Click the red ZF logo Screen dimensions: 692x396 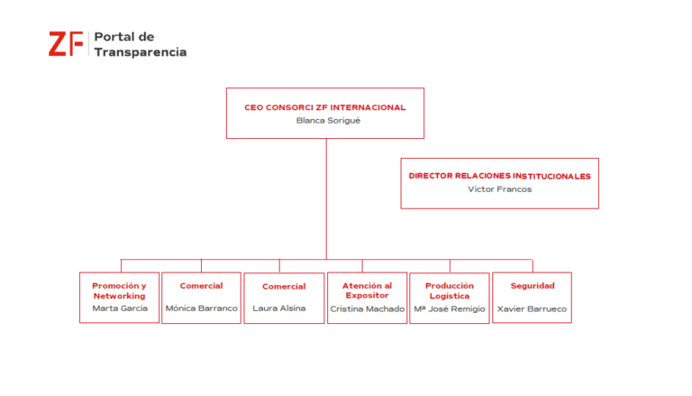(66, 44)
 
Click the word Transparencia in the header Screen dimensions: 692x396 (141, 52)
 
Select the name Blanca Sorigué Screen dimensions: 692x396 (328, 121)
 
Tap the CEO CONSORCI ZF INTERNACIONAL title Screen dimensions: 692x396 (324, 107)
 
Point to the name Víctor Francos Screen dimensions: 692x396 (499, 189)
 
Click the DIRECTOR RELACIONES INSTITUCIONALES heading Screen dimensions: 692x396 (499, 176)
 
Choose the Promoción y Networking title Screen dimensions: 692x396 (119, 290)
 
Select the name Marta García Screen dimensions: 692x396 (120, 309)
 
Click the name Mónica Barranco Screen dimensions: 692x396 (201, 309)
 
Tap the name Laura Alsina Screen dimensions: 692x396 (279, 309)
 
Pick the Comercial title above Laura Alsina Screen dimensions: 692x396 (284, 286)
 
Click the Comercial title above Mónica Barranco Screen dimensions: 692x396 (201, 286)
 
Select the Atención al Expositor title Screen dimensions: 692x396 (368, 290)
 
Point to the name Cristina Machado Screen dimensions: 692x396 (368, 309)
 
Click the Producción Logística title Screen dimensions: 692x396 (450, 290)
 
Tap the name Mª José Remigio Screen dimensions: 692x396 (450, 309)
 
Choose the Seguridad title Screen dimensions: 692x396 (533, 286)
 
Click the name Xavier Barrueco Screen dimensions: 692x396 (532, 309)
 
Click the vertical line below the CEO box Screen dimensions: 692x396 (326, 198)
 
